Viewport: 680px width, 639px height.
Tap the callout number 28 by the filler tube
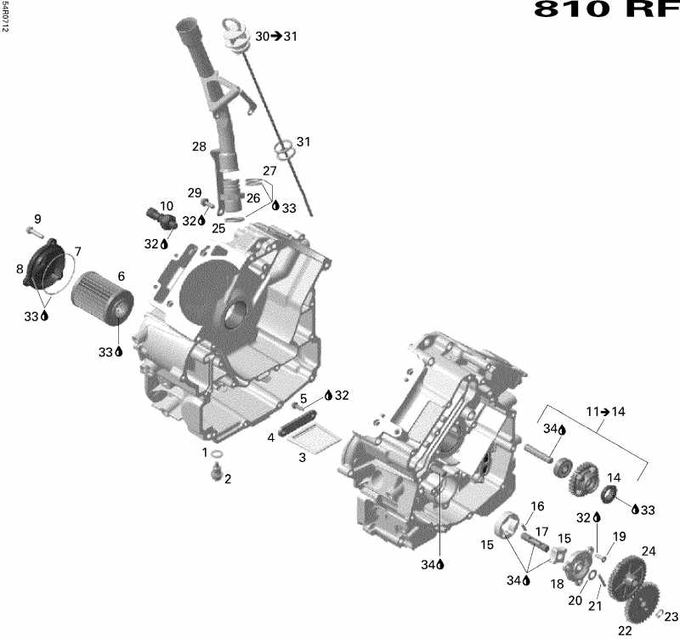coord(199,147)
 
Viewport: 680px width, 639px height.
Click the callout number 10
coord(166,206)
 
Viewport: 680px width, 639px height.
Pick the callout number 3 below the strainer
coord(302,458)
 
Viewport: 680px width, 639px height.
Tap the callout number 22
coord(625,630)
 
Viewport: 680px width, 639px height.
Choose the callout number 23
coord(671,617)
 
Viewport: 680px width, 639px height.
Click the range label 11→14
coord(605,412)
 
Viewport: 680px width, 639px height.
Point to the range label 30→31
coord(276,37)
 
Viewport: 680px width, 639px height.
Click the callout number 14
coord(613,477)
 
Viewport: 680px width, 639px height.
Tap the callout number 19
coord(619,536)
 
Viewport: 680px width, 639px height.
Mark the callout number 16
coord(537,507)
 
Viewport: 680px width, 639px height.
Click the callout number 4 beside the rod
coord(271,437)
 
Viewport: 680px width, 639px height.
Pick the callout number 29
coord(195,192)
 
